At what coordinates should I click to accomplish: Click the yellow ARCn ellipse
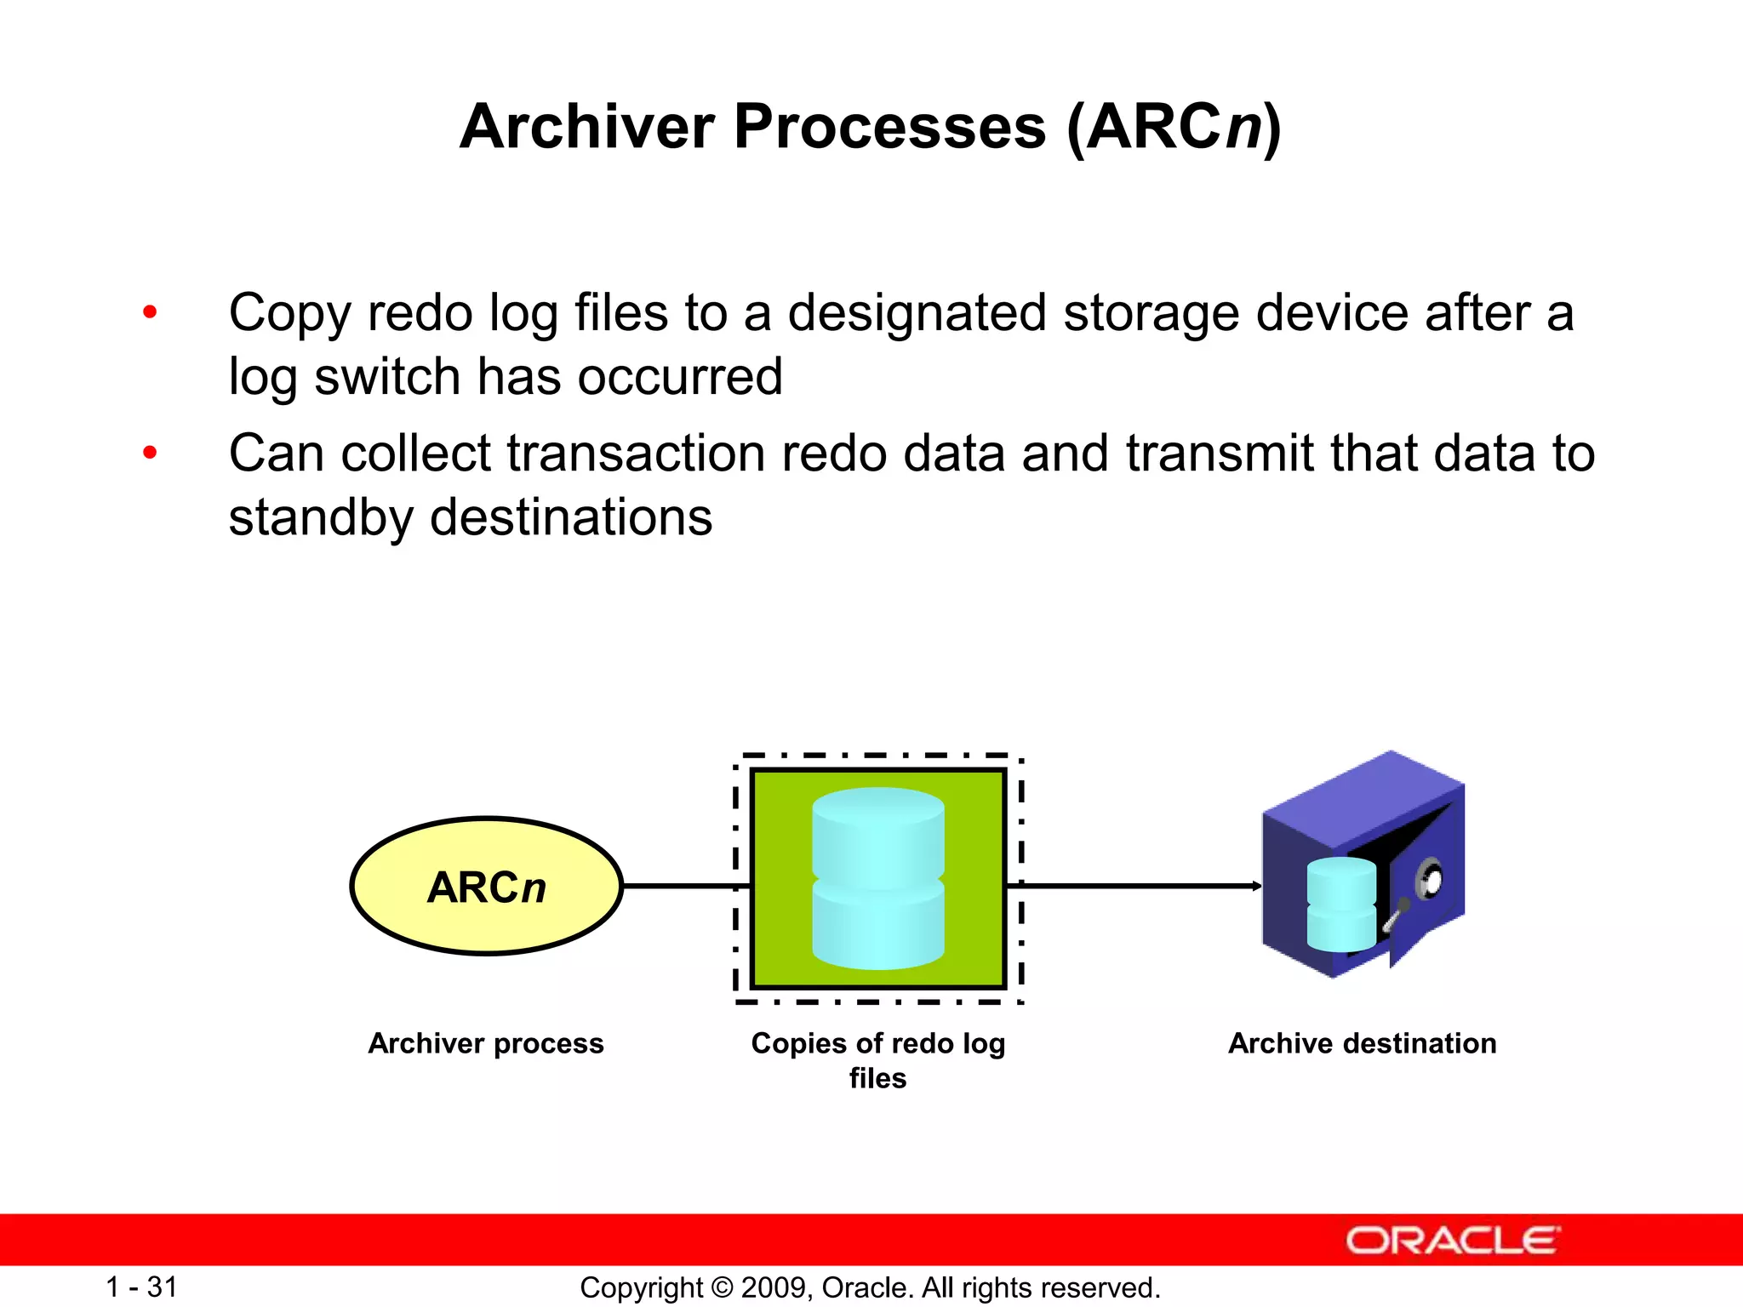(x=486, y=886)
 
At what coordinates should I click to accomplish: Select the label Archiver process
(x=486, y=1043)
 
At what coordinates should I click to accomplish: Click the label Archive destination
(x=1362, y=1043)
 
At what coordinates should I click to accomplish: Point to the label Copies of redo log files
(x=877, y=1059)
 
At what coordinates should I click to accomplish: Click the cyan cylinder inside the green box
(x=877, y=878)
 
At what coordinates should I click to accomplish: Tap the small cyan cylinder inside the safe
(x=1340, y=905)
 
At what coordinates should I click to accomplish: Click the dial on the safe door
(x=1431, y=880)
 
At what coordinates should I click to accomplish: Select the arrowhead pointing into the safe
(x=1257, y=886)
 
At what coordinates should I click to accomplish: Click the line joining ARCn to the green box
(x=681, y=886)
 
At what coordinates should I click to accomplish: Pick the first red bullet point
(x=150, y=312)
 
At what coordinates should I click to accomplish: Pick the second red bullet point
(x=150, y=453)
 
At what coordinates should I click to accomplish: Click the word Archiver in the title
(x=587, y=127)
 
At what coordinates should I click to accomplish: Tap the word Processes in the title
(x=889, y=127)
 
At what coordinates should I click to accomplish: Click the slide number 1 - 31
(x=141, y=1287)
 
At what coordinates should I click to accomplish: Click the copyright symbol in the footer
(x=722, y=1287)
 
